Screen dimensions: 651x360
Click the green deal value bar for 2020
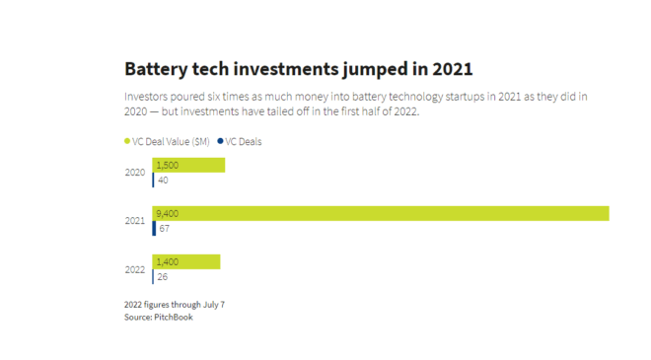pyautogui.click(x=188, y=165)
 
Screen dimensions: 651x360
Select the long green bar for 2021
pyautogui.click(x=381, y=213)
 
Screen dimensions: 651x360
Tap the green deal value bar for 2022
pyautogui.click(x=186, y=261)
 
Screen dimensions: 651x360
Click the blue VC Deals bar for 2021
pyautogui.click(x=154, y=229)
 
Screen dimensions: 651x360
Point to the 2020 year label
pyautogui.click(x=135, y=173)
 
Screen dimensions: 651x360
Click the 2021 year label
pyautogui.click(x=135, y=221)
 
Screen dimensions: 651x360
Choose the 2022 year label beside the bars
pyautogui.click(x=135, y=270)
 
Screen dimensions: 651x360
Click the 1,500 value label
pyautogui.click(x=168, y=166)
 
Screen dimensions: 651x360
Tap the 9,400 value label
pyautogui.click(x=168, y=213)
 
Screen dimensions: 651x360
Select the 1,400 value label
pyautogui.click(x=168, y=262)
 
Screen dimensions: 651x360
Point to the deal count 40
pyautogui.click(x=163, y=180)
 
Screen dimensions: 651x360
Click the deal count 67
pyautogui.click(x=165, y=229)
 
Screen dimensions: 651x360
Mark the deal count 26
pyautogui.click(x=163, y=277)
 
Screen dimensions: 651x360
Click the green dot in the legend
pyautogui.click(x=127, y=141)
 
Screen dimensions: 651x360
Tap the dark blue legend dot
pyautogui.click(x=221, y=141)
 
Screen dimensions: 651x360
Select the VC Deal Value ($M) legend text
pyautogui.click(x=171, y=142)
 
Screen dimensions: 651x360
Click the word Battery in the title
pyautogui.click(x=156, y=69)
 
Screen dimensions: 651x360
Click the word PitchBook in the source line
pyautogui.click(x=174, y=318)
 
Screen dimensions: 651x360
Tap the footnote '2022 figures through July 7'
pyautogui.click(x=175, y=305)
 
